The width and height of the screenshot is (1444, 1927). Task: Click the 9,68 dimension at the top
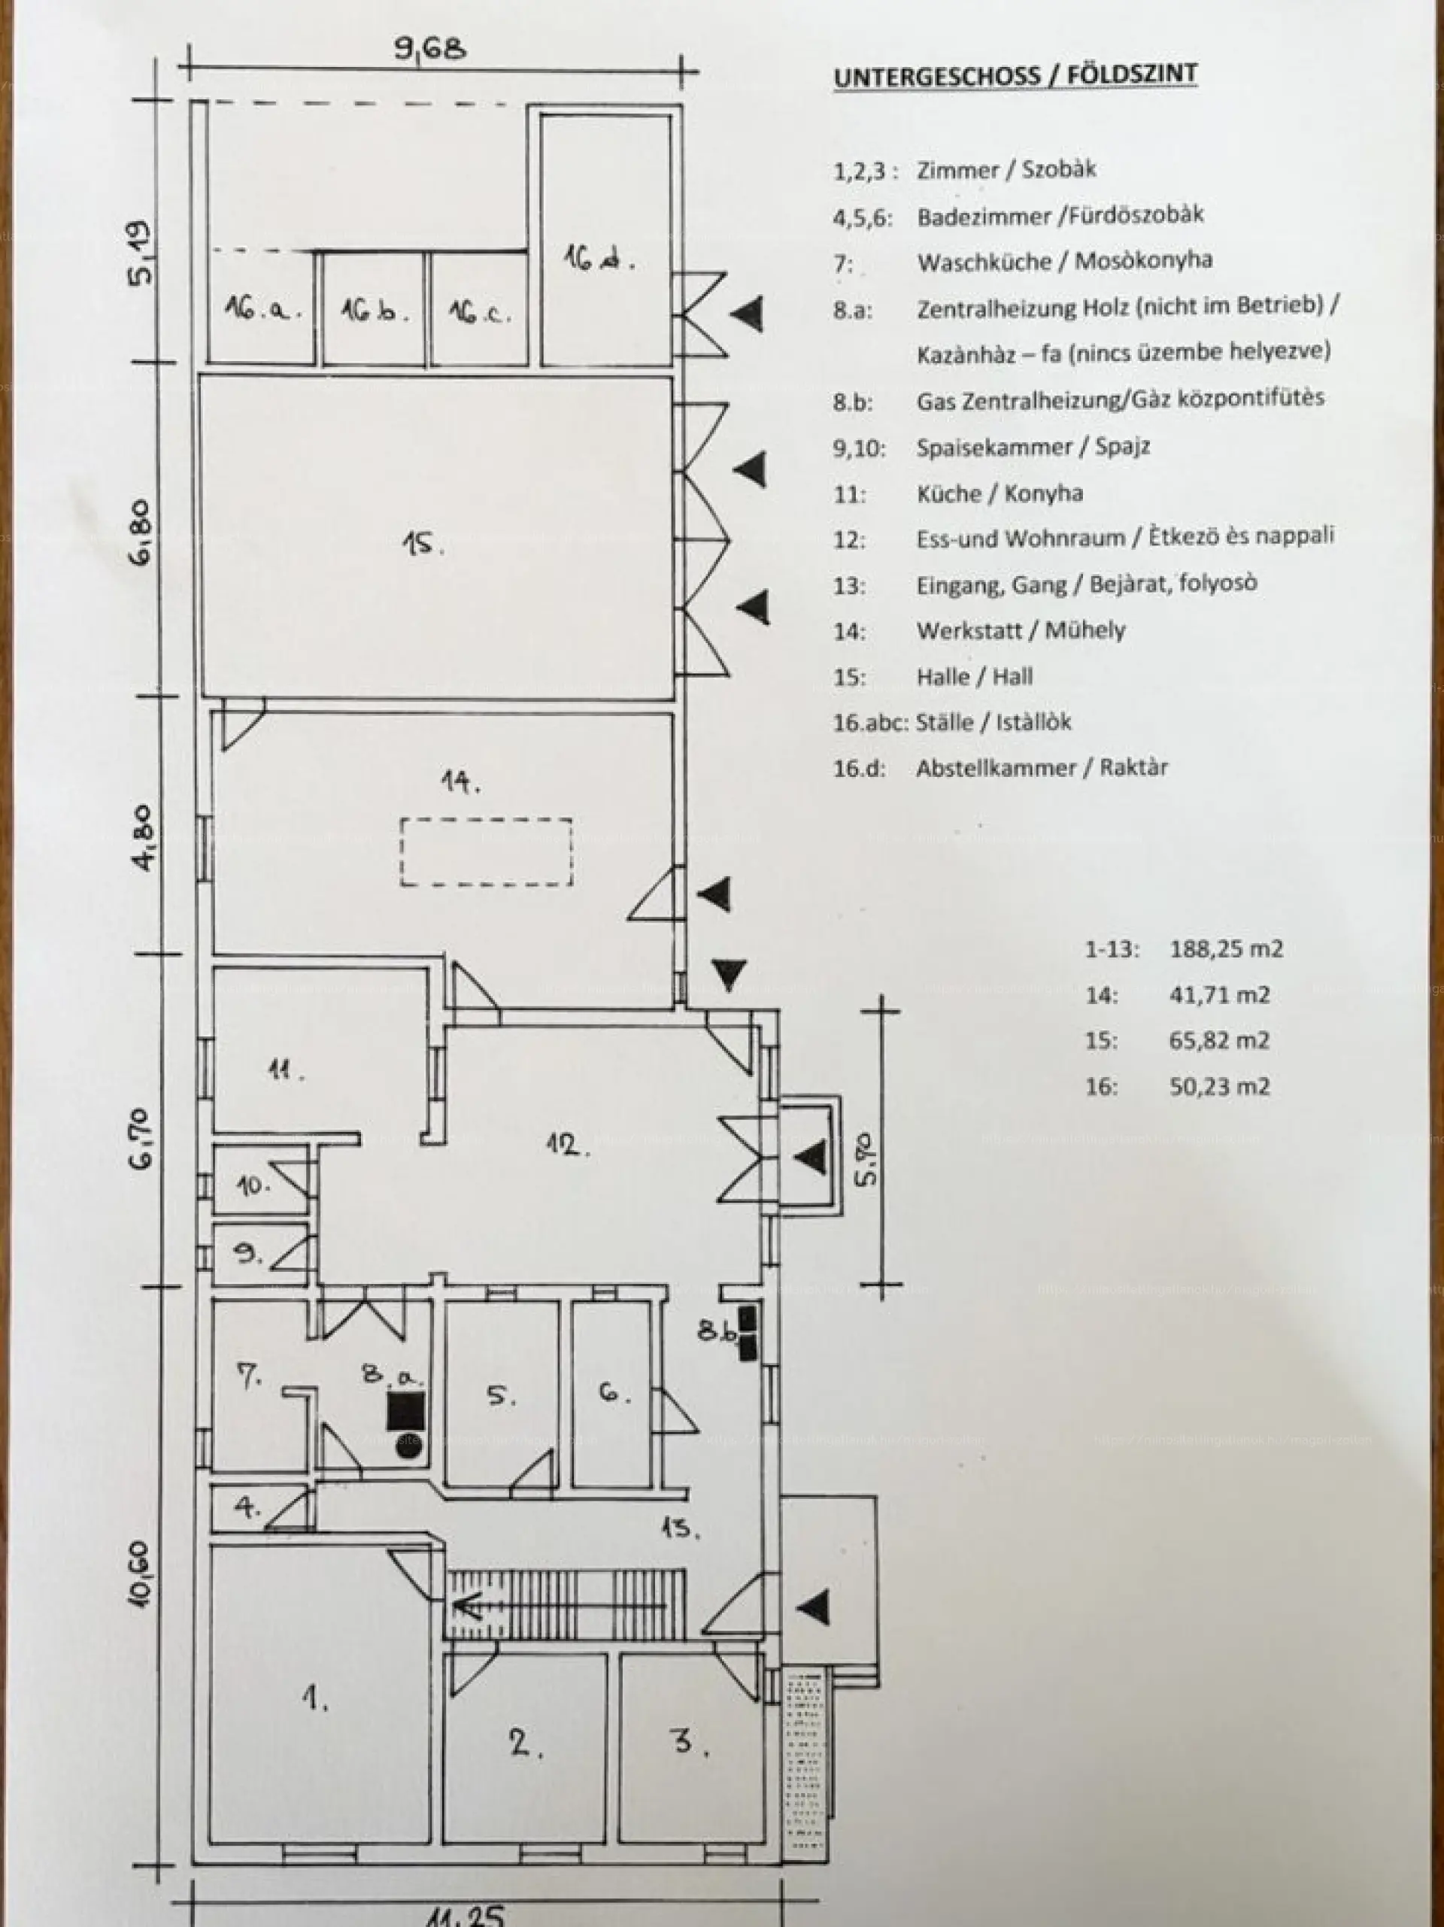(430, 49)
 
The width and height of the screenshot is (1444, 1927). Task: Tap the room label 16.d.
(597, 259)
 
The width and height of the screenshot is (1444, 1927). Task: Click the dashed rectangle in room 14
(486, 852)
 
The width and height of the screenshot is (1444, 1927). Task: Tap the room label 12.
(569, 1144)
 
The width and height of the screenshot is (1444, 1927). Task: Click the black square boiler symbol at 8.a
(406, 1410)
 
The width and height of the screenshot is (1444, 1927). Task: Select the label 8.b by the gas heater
(716, 1331)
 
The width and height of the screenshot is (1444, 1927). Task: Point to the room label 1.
(314, 1697)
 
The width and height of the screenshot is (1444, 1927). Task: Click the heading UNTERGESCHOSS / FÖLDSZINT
(1015, 75)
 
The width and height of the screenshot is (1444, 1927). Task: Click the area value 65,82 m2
(1219, 1040)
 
